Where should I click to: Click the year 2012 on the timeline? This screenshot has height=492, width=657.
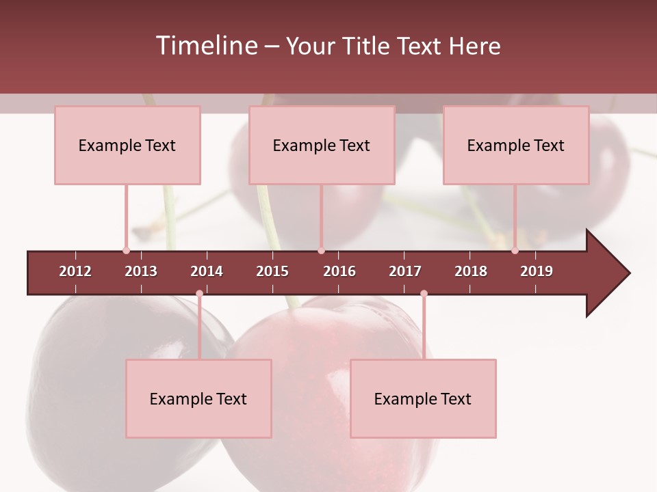pos(75,271)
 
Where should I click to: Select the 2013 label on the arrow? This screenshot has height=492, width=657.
pos(141,271)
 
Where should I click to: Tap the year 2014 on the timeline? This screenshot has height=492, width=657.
pos(207,271)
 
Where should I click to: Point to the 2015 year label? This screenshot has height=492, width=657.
pos(272,271)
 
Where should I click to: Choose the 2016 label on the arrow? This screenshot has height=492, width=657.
pos(339,271)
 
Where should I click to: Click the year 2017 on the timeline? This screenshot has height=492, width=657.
pos(405,271)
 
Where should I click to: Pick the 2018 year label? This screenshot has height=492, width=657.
pos(471,271)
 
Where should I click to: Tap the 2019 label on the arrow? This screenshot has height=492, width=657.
pos(537,271)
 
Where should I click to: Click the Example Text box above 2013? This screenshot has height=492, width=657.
pos(127,145)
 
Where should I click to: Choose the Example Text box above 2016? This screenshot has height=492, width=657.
pos(322,145)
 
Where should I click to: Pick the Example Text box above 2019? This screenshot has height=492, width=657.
pos(516,145)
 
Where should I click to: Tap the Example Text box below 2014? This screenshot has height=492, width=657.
pos(198,398)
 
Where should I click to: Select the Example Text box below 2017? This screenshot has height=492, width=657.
pos(423,398)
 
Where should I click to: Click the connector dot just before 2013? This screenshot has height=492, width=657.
pos(126,250)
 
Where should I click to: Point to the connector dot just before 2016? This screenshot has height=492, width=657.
pos(321,250)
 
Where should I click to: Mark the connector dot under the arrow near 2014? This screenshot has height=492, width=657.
pos(199,294)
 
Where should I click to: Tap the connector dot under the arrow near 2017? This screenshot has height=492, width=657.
pos(424,294)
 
